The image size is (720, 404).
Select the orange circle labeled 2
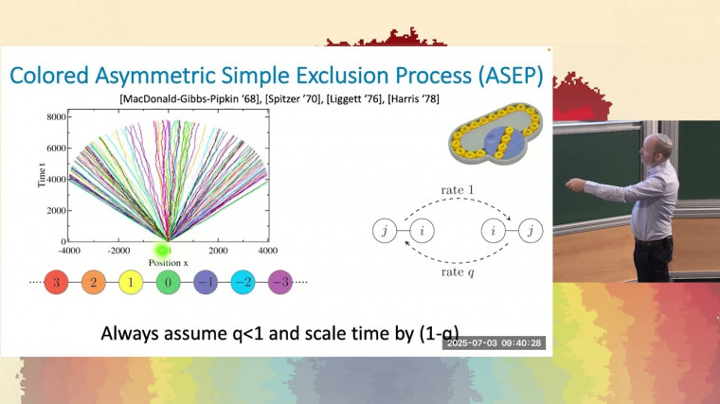[x=94, y=281]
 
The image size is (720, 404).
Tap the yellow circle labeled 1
[x=131, y=281]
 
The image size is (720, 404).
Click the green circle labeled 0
[x=168, y=281]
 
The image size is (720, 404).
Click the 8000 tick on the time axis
[x=53, y=116]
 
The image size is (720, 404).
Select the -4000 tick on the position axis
[x=67, y=252]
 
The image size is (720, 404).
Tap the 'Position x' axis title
[x=167, y=261]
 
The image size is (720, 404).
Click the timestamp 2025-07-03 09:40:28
[x=494, y=343]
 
